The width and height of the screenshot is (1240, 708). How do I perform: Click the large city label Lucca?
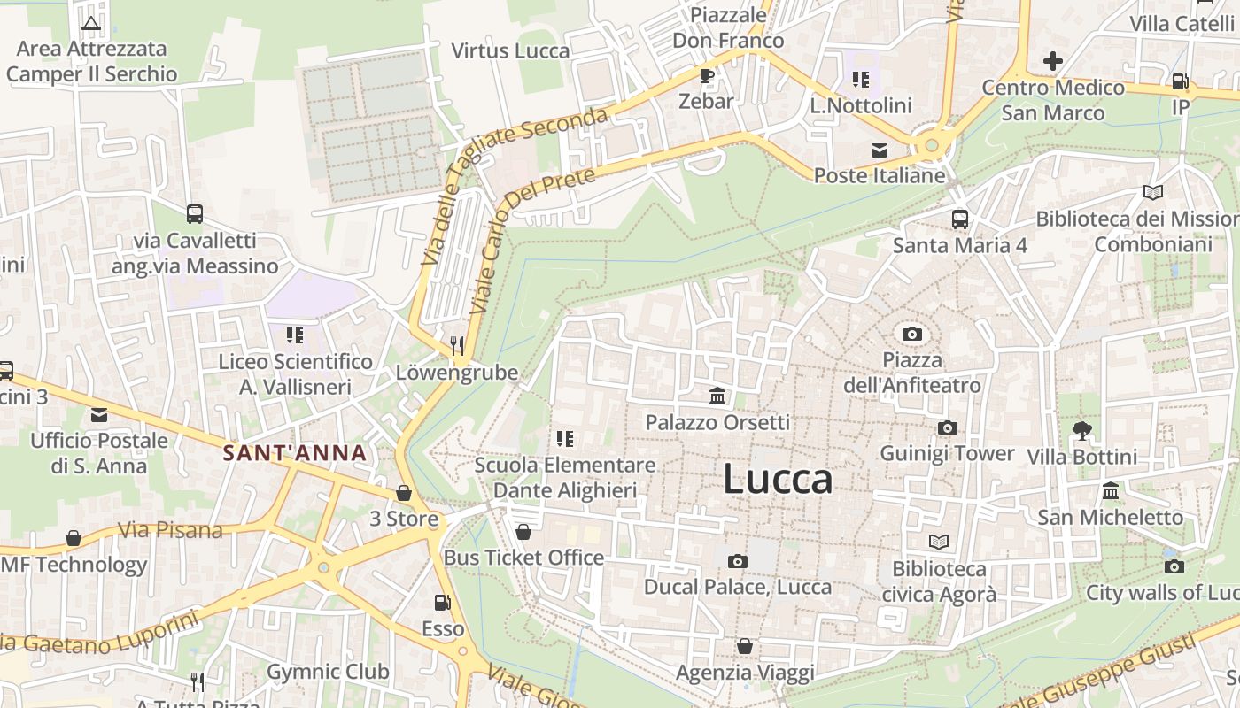(778, 479)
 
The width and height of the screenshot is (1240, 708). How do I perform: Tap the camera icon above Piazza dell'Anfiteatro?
(911, 334)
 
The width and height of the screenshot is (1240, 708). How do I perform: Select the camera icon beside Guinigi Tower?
(947, 428)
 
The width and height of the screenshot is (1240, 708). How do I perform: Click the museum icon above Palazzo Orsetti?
(717, 396)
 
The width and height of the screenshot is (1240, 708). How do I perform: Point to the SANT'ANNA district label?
(294, 453)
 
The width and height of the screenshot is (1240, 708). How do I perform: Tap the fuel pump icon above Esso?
(442, 603)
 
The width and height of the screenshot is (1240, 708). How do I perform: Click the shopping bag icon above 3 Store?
(404, 493)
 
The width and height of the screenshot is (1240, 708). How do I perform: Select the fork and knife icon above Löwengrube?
(457, 345)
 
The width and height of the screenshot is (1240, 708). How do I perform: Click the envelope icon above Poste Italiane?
(880, 150)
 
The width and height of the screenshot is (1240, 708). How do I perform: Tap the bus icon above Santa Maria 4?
(960, 219)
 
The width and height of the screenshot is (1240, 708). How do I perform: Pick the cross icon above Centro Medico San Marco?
(1052, 61)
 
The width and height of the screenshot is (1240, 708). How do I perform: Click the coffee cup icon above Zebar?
(706, 75)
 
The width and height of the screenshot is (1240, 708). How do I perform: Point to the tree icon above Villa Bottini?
(1081, 431)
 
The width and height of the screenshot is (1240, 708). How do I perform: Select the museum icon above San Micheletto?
(1110, 491)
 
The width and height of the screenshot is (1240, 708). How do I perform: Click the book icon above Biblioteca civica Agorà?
(939, 542)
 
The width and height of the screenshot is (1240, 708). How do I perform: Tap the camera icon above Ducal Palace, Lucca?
(737, 561)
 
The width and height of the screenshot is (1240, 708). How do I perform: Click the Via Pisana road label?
(170, 530)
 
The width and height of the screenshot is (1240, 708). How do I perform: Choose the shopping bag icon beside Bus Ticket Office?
(523, 532)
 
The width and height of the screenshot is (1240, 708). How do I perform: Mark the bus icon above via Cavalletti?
(194, 213)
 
